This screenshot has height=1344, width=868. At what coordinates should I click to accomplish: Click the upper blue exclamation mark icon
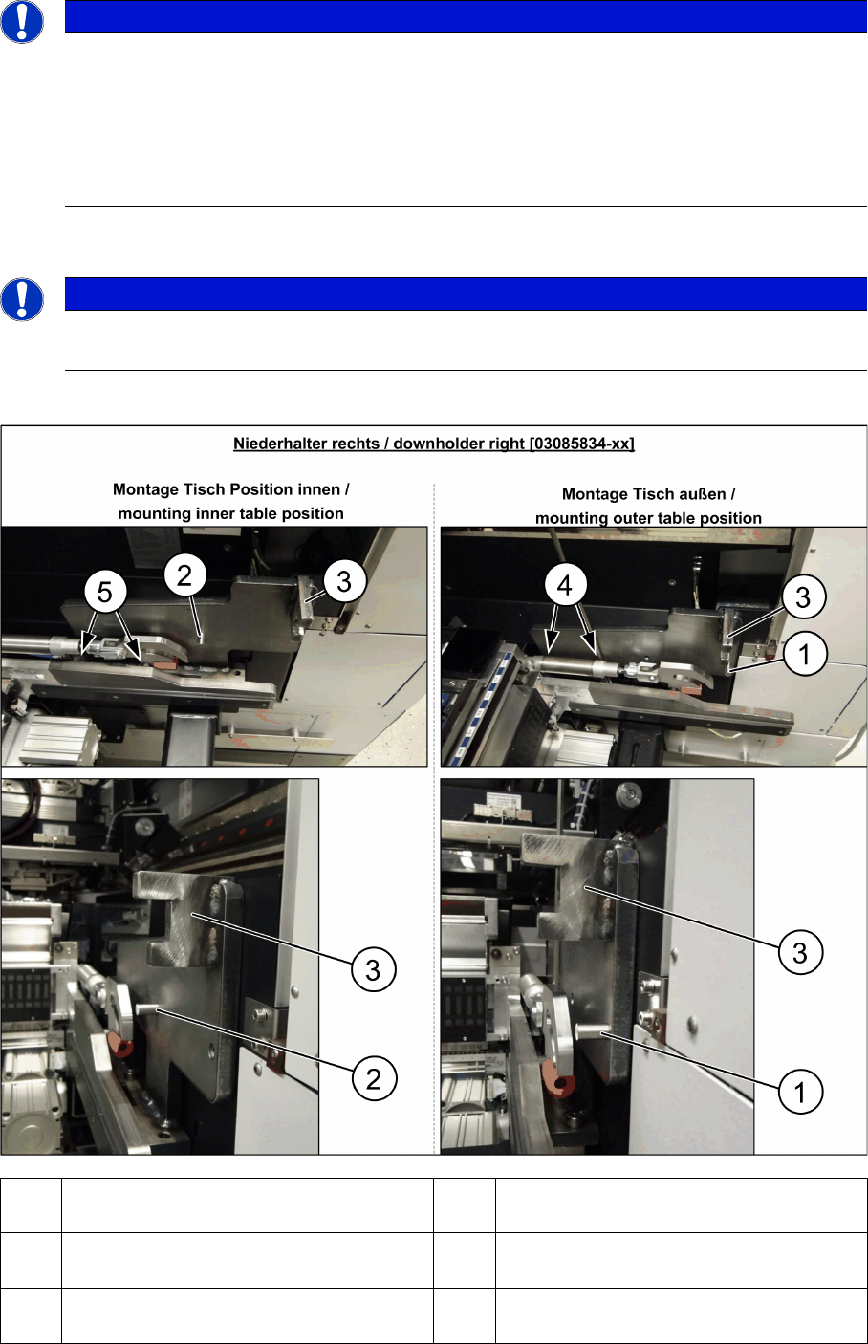[22, 21]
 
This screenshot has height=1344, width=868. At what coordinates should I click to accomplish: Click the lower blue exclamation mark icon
[22, 299]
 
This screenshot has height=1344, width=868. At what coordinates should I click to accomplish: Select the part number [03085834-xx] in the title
[581, 444]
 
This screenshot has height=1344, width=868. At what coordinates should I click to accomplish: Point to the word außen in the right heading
[705, 494]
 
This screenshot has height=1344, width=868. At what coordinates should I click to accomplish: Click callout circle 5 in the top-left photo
[105, 593]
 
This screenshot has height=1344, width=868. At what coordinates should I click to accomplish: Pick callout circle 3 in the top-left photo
[344, 581]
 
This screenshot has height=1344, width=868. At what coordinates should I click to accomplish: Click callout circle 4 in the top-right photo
[564, 585]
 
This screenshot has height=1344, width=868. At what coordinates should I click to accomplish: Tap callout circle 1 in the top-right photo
[804, 654]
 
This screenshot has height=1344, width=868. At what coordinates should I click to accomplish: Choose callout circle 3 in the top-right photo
[803, 597]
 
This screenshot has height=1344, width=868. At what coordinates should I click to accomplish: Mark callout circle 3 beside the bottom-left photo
[373, 970]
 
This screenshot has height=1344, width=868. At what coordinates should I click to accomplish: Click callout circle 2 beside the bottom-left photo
[373, 1079]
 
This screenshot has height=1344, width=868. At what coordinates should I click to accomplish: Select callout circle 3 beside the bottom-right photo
[800, 952]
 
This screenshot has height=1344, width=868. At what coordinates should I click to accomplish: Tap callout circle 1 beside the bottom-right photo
[800, 1092]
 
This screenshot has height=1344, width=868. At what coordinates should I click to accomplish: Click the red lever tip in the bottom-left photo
[121, 1046]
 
